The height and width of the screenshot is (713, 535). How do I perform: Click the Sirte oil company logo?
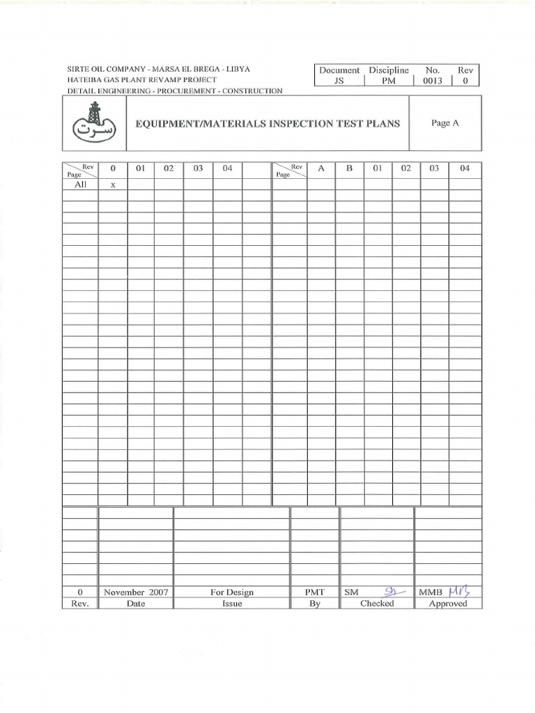click(94, 123)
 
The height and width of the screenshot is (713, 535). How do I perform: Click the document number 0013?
click(433, 81)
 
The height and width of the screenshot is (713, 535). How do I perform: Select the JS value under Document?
click(339, 81)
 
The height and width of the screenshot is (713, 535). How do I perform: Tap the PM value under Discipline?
click(388, 81)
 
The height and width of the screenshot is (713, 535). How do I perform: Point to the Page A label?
click(445, 123)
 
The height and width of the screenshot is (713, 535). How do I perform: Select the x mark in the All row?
click(112, 185)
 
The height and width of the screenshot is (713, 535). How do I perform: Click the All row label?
click(80, 185)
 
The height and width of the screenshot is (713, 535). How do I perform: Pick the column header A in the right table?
click(320, 169)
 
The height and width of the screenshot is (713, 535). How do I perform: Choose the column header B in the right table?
click(349, 169)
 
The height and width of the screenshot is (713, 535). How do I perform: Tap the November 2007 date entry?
click(136, 593)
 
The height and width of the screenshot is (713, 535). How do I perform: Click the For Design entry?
click(232, 593)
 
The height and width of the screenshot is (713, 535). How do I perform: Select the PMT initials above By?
click(315, 593)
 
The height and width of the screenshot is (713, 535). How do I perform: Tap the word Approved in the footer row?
click(448, 604)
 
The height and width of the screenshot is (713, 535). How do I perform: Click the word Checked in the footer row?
click(377, 604)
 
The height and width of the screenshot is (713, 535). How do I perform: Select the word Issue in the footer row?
click(232, 604)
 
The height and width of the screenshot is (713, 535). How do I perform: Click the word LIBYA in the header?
click(238, 70)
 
